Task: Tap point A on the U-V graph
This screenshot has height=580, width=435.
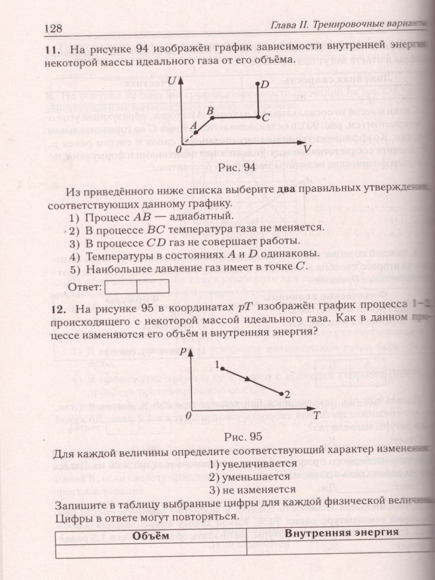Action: (198, 129)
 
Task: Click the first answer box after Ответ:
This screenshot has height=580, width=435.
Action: (121, 287)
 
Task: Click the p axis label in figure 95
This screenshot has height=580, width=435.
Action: (182, 352)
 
